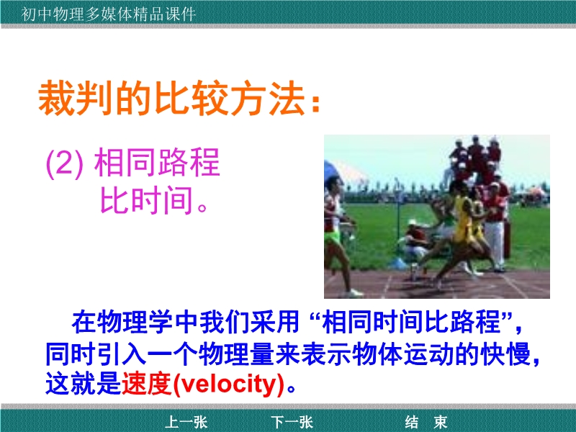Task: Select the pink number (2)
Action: click(65, 163)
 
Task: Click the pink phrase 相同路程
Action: click(157, 163)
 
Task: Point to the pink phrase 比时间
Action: click(147, 200)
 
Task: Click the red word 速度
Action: click(147, 384)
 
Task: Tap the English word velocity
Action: click(228, 384)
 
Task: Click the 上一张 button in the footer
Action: click(186, 422)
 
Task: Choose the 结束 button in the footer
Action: click(426, 422)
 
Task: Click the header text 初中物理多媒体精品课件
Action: click(109, 14)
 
